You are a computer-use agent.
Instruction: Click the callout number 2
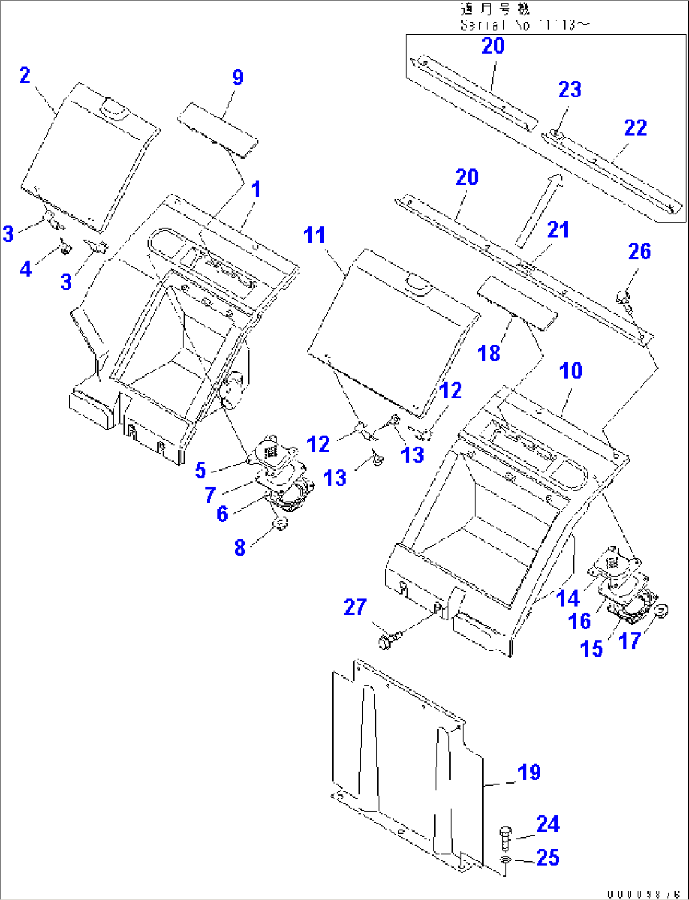tap(25, 76)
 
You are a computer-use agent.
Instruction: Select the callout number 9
tap(237, 78)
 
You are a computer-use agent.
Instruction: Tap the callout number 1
tap(255, 188)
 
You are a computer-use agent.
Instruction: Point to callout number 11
tap(314, 235)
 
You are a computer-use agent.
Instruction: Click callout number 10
tap(571, 371)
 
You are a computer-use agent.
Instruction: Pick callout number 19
tap(529, 772)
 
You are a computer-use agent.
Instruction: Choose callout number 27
tap(355, 607)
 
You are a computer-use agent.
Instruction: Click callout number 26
tap(639, 251)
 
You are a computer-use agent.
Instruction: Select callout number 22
tap(635, 128)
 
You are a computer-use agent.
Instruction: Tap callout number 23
tap(569, 89)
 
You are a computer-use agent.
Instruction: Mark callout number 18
tap(489, 353)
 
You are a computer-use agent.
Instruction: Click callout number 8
tap(240, 547)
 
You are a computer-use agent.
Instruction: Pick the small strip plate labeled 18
tap(517, 305)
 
